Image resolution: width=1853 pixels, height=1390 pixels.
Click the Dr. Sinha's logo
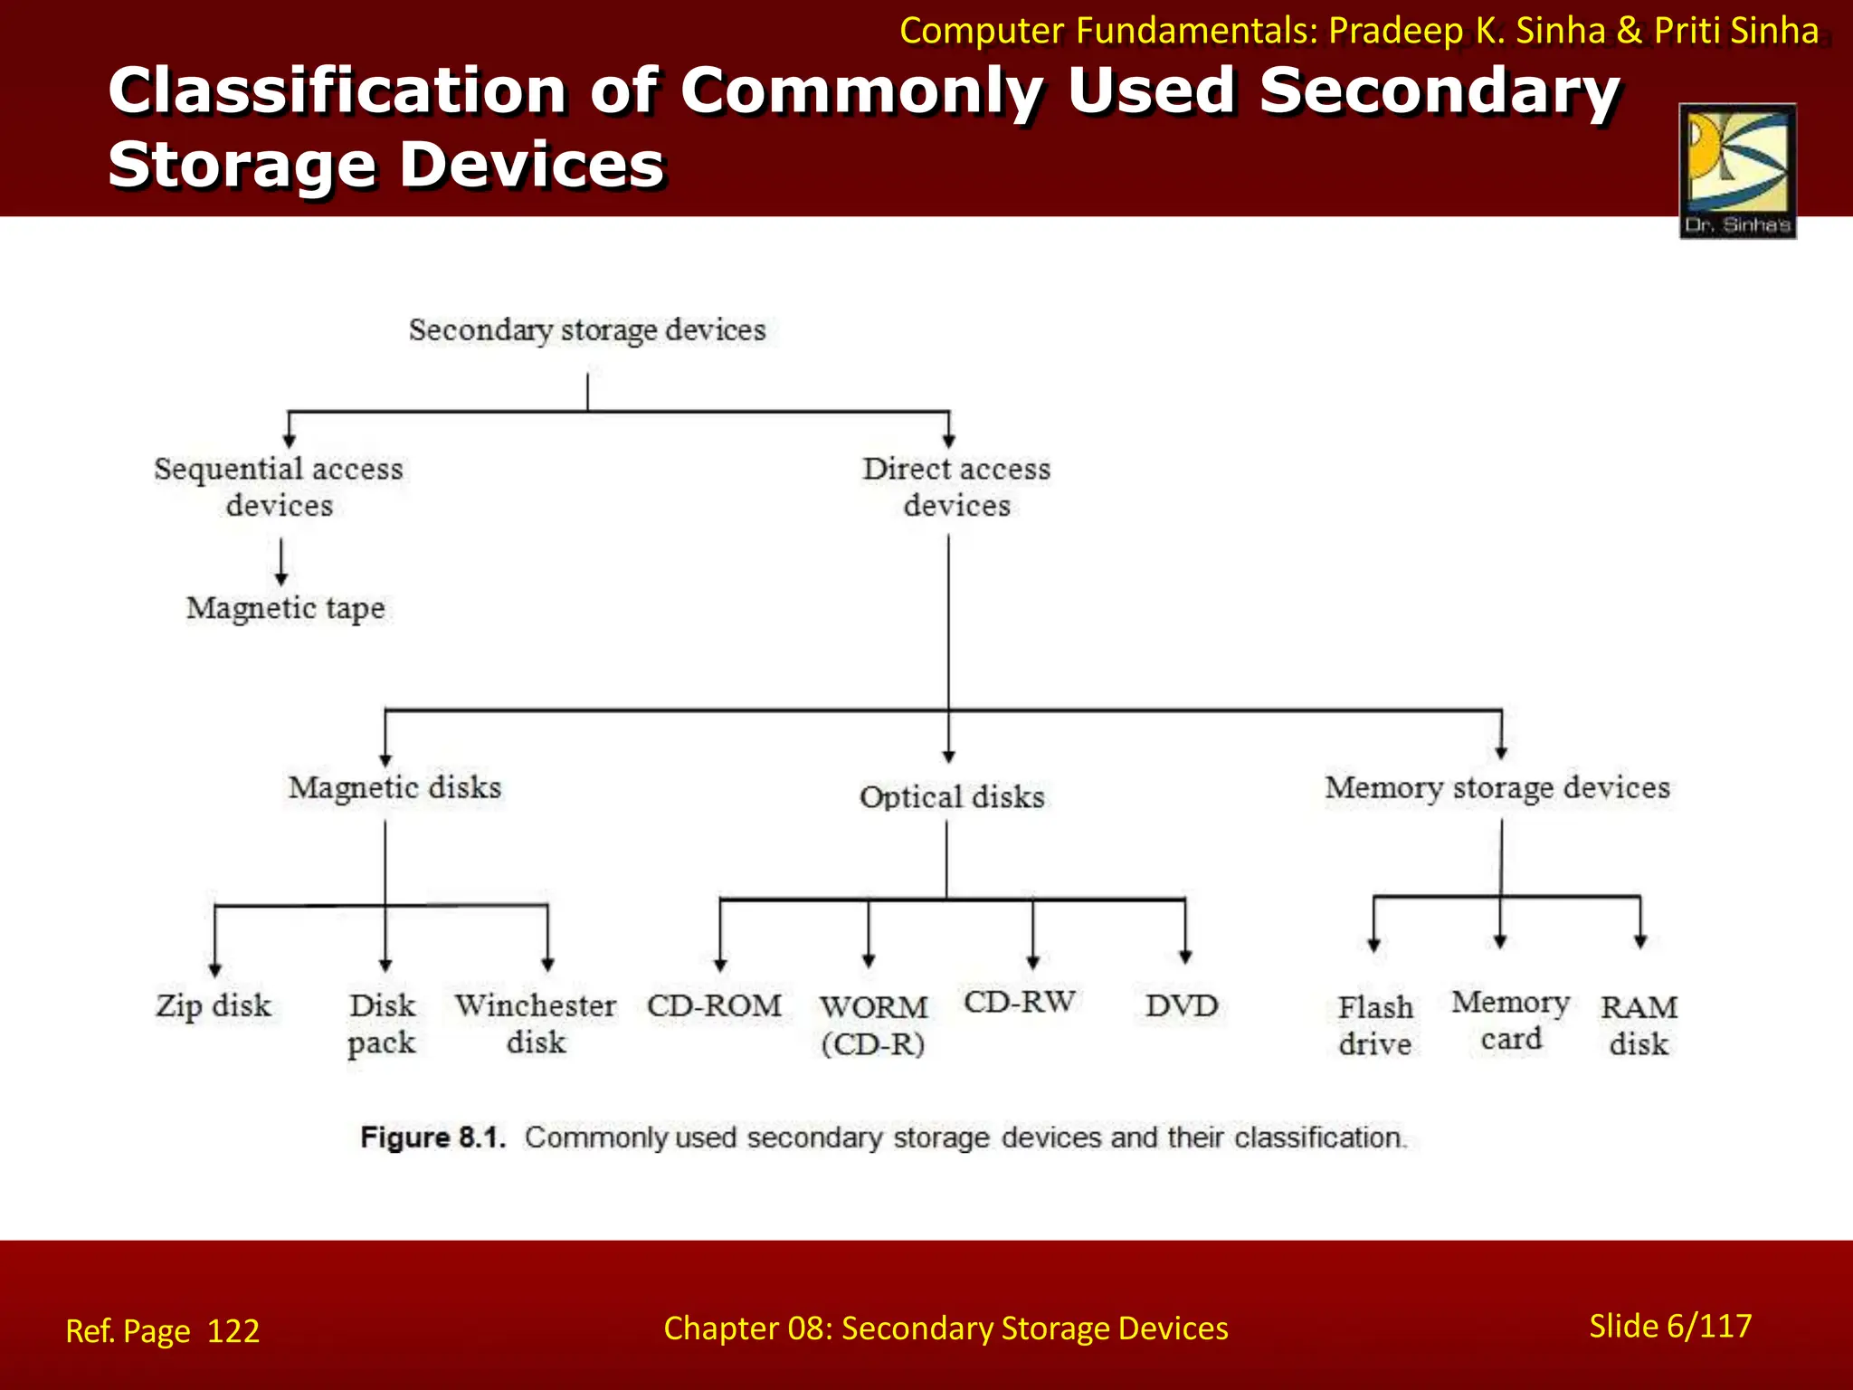[x=1737, y=170]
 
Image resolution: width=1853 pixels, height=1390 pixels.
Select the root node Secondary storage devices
[x=587, y=330]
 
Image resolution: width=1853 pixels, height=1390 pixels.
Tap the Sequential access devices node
[x=279, y=487]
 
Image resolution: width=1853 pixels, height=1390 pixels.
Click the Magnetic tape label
[x=285, y=608]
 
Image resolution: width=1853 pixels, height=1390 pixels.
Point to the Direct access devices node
[x=956, y=487]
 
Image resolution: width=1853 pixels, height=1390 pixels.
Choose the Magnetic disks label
[x=394, y=787]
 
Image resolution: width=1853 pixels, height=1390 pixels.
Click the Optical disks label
[x=952, y=797]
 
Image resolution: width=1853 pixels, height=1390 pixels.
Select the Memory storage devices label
[x=1497, y=787]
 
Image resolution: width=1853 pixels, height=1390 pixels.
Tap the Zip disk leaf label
[x=214, y=1005]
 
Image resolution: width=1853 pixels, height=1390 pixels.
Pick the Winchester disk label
[x=536, y=1023]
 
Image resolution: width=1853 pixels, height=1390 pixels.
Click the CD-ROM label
[x=714, y=1005]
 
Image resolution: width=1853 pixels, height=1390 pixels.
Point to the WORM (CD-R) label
[x=873, y=1025]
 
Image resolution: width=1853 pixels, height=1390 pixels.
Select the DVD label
[x=1182, y=1005]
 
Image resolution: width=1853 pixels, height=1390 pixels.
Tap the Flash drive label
[x=1375, y=1025]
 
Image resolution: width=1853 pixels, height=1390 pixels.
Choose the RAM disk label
[x=1639, y=1025]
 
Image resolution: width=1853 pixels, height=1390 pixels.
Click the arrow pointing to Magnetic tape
[x=281, y=563]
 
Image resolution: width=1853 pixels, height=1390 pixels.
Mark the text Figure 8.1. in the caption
[x=432, y=1138]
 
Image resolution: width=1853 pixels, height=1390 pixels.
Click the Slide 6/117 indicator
[x=1670, y=1326]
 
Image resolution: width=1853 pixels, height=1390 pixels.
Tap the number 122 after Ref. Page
[x=233, y=1331]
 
